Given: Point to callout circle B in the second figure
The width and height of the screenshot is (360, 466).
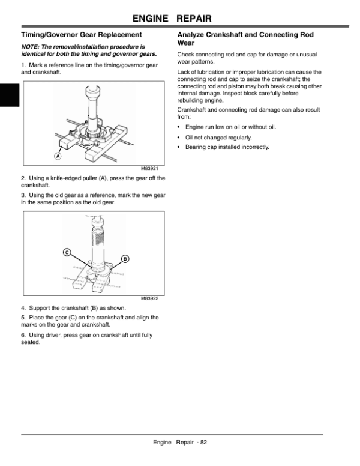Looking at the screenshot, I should (x=125, y=259).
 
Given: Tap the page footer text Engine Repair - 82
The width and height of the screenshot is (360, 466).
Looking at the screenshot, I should (x=180, y=443).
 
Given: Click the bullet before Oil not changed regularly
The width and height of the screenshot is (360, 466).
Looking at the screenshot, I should (x=179, y=137).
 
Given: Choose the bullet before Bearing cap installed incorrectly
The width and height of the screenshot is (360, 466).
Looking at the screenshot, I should (x=179, y=147).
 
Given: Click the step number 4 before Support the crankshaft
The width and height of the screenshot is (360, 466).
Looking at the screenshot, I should (x=22, y=308).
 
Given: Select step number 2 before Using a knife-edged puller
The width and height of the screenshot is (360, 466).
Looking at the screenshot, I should (x=22, y=178).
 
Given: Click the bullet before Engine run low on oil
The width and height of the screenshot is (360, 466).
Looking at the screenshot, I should (x=179, y=127).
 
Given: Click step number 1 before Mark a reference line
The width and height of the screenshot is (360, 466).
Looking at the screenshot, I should (x=22, y=64).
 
